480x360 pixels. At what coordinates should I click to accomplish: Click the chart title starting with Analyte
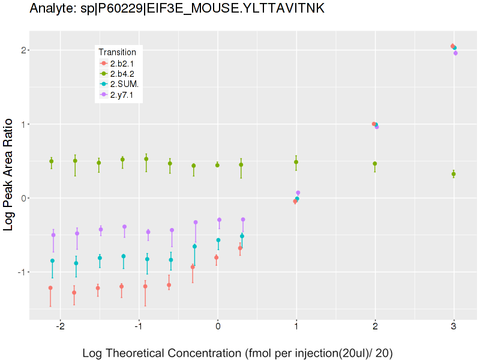click(x=177, y=8)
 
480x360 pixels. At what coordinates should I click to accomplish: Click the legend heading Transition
click(x=117, y=52)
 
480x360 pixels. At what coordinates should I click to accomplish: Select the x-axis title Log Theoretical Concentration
click(x=238, y=353)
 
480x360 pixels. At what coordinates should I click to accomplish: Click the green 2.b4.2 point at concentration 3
click(x=454, y=174)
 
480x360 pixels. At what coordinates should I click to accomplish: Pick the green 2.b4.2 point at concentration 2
click(x=375, y=164)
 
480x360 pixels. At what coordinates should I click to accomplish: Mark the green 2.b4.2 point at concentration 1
click(x=296, y=162)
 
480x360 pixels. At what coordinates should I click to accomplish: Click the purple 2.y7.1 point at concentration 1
click(x=298, y=193)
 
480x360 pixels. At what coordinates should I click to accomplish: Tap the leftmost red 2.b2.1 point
click(x=50, y=288)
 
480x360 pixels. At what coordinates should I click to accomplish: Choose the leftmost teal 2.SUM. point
click(x=52, y=260)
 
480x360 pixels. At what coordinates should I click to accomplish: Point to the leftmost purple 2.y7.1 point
click(x=53, y=235)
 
